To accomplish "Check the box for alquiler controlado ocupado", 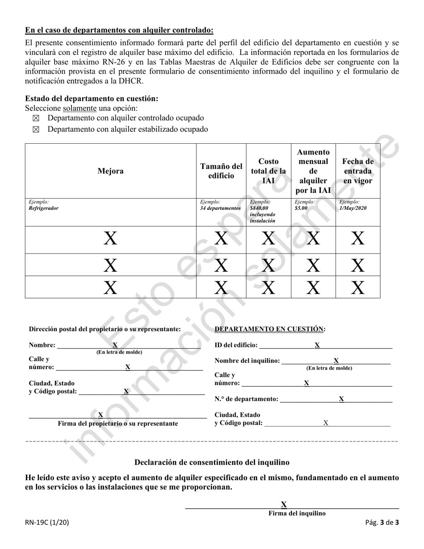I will [36, 118].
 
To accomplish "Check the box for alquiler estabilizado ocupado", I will [36, 129].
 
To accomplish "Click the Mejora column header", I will [111, 171].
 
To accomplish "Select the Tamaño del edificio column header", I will [221, 171].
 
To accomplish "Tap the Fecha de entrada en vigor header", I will [357, 171].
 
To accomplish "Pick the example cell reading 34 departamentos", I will [220, 208].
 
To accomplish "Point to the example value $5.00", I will [301, 208].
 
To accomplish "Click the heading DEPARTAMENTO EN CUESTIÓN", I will [270, 329].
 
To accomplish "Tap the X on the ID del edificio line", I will [317, 345].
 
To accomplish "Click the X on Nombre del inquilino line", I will [336, 361].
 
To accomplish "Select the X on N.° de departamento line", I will [341, 399].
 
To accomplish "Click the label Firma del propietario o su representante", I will [118, 423].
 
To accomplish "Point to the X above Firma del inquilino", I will [283, 505].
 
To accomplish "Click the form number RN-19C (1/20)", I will [47, 521].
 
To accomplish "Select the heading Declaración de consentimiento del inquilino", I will [212, 462].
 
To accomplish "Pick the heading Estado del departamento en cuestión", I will [91, 99].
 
